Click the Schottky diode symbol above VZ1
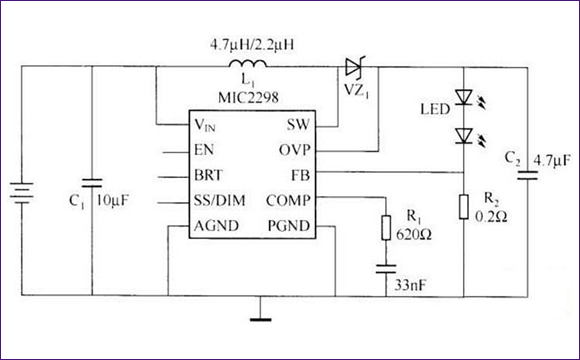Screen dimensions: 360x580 [353, 68]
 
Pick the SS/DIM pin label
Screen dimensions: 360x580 [219, 199]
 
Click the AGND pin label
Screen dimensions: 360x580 [215, 224]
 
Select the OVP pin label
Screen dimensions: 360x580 [294, 150]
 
